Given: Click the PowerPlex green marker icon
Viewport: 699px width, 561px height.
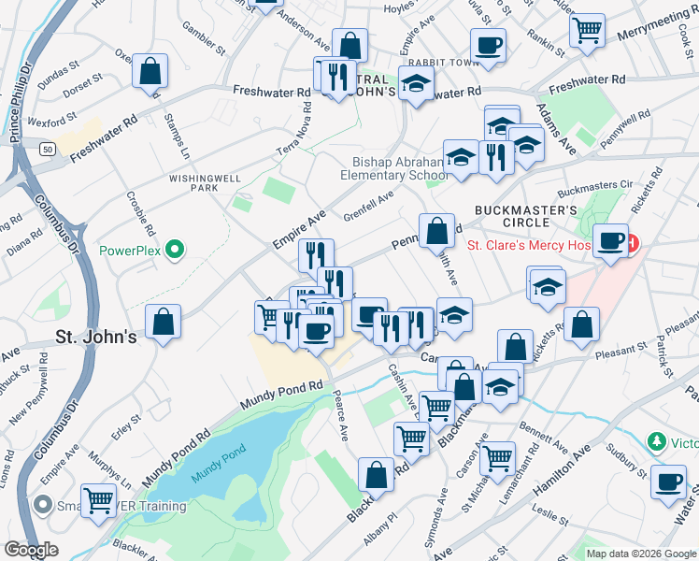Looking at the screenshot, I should point(173,251).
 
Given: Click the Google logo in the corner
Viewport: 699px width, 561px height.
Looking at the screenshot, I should point(31,550).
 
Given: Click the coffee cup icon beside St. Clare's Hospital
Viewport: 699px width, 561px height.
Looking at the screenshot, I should point(612,240).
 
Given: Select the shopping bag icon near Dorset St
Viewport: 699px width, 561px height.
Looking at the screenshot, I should point(150,70).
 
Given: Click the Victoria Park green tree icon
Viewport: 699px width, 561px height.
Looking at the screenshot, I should point(659,440).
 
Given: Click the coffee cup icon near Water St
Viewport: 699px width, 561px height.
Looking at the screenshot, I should point(667,482).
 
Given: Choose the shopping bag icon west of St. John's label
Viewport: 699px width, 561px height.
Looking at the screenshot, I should point(163,321).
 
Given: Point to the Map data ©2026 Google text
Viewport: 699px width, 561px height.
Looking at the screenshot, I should point(641,553).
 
